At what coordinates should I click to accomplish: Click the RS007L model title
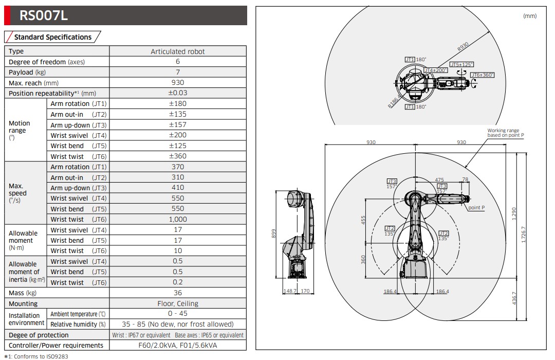44,16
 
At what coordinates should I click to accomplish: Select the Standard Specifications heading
52,37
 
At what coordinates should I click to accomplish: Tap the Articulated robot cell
177,51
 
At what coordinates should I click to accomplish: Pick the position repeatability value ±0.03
178,93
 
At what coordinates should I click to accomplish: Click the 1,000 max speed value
178,219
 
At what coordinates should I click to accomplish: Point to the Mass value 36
178,293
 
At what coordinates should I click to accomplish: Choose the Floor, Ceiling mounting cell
178,303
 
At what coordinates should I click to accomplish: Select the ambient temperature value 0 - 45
178,314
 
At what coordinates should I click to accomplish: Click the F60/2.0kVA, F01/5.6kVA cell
178,345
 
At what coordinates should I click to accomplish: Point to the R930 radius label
462,48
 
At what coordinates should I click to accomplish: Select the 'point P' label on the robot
476,208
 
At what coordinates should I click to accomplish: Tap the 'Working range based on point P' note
506,133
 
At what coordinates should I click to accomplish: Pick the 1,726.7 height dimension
524,235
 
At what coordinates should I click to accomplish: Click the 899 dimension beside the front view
274,235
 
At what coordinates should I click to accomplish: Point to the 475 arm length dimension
439,180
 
